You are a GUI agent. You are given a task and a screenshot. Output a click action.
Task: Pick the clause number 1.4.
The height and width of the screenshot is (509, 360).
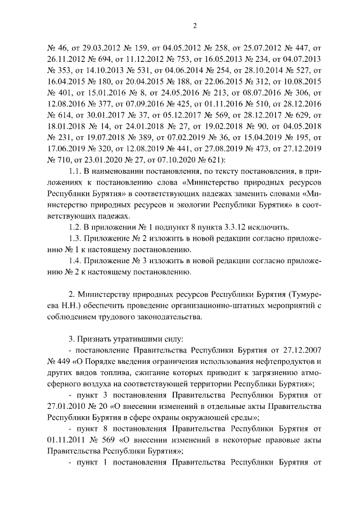click(75, 263)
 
